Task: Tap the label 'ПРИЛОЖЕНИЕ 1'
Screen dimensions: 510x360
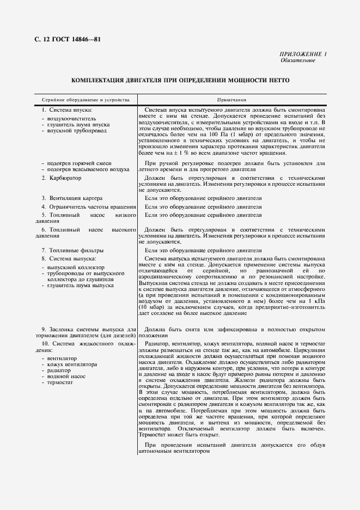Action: [303, 54]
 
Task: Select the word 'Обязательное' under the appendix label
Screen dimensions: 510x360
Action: [297, 60]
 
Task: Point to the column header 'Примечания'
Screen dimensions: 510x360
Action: [232, 100]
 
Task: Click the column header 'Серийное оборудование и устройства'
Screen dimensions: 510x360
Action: [82, 100]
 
